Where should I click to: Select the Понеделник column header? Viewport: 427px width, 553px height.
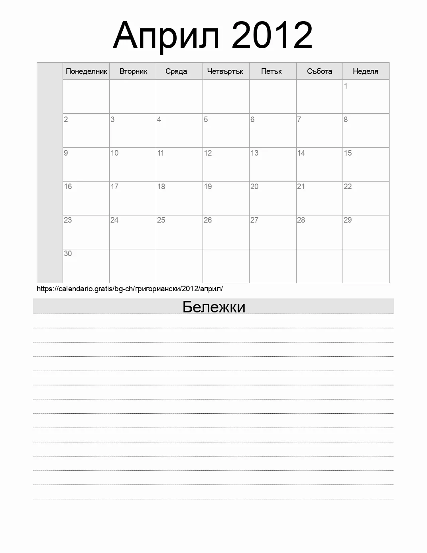click(86, 71)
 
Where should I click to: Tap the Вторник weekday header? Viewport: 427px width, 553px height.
click(133, 71)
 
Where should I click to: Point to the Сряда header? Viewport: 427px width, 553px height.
click(176, 71)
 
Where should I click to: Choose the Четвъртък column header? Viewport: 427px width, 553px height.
click(225, 71)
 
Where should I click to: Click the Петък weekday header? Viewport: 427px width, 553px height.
click(272, 71)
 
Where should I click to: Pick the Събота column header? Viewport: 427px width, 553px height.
click(319, 71)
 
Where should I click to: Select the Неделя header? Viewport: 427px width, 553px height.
click(365, 71)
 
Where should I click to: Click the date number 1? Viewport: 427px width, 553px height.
click(346, 86)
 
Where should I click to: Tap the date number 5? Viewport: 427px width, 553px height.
click(206, 119)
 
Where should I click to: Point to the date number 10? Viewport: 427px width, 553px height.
click(114, 153)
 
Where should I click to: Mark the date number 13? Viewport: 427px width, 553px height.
click(254, 153)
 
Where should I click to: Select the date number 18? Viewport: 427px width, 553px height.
click(161, 186)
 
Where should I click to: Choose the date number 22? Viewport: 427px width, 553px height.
click(348, 186)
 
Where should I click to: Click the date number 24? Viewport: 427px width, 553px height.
click(114, 220)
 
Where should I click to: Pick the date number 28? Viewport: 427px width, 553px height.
click(301, 220)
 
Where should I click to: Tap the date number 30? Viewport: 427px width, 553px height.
click(68, 253)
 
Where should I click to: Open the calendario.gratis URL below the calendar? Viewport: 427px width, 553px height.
click(130, 288)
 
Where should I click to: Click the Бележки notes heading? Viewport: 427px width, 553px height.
click(214, 307)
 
